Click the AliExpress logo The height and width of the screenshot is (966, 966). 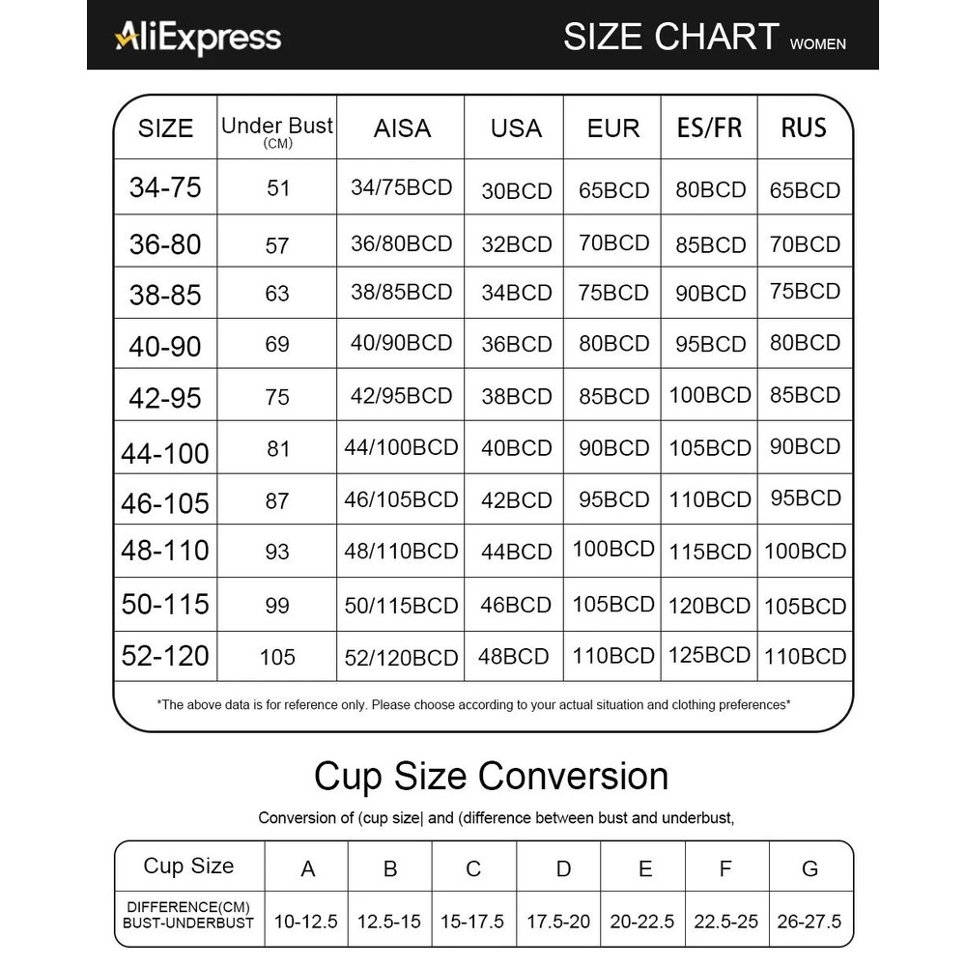point(198,37)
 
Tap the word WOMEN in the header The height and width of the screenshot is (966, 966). point(817,43)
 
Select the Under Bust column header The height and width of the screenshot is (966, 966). point(277,130)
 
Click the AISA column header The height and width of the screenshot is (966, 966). point(402,128)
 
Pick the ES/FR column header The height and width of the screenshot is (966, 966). point(709,128)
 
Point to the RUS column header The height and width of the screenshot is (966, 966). point(804,128)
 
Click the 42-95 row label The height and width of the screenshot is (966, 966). point(165,397)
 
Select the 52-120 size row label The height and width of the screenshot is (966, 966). point(165,656)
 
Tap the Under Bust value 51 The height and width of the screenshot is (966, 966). point(278,187)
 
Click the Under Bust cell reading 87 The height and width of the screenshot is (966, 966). point(277,500)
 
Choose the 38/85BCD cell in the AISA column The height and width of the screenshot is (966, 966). point(401,292)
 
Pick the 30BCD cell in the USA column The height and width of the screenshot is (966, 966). point(517,191)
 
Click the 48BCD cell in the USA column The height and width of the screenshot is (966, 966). point(514,657)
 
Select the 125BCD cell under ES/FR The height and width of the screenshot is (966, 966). point(709,655)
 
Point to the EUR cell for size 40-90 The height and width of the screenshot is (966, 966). point(613,343)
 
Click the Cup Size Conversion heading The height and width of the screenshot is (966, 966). point(491,776)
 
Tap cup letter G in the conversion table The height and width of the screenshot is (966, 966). point(810,868)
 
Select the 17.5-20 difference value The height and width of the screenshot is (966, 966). point(558,921)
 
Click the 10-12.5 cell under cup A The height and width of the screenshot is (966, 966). point(305,921)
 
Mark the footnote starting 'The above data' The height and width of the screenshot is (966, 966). point(473,705)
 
